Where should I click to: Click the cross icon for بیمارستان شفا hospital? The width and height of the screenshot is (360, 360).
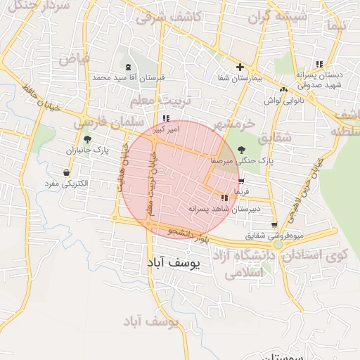tap(240, 67)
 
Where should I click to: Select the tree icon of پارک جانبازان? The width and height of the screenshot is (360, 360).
tap(87, 139)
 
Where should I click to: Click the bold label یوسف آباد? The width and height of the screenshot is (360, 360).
tap(174, 263)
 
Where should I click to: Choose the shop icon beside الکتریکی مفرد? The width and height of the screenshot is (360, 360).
tap(66, 172)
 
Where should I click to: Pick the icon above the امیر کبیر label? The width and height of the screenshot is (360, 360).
tap(166, 118)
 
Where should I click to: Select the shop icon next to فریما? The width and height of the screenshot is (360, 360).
tap(242, 180)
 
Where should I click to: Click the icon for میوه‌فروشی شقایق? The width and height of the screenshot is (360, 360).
tap(274, 225)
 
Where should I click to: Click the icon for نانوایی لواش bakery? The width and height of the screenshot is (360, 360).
tap(283, 89)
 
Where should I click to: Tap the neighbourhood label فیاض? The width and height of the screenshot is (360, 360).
tap(75, 58)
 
